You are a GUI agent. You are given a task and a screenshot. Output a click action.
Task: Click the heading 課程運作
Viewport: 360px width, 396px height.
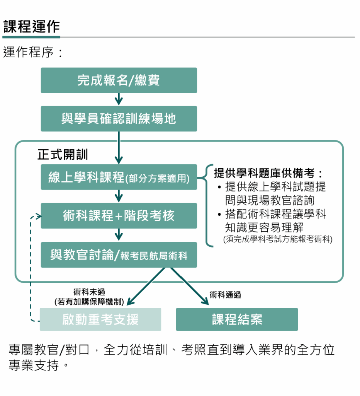[32, 27]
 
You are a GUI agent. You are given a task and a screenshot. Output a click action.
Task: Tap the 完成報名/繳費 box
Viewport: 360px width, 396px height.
[119, 80]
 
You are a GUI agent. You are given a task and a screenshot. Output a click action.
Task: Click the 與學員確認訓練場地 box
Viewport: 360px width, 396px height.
[119, 119]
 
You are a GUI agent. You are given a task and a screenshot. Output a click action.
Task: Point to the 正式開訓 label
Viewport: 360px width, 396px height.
[63, 155]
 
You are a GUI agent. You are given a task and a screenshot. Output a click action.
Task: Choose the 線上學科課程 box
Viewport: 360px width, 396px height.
[119, 178]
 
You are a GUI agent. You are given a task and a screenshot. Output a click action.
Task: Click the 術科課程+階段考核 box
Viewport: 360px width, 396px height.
[119, 216]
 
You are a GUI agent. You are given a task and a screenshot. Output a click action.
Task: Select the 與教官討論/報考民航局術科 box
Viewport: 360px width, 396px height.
[119, 255]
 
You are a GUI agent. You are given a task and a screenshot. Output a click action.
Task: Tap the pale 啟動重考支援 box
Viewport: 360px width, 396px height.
[100, 319]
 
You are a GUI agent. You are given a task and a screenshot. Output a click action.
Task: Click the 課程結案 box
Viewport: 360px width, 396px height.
[237, 319]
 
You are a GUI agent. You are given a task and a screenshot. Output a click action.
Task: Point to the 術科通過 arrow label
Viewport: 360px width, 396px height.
[225, 295]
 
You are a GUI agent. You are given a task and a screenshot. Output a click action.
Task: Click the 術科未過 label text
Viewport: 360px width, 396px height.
[89, 292]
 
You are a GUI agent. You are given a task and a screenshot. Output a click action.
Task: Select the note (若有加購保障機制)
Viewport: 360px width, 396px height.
[89, 302]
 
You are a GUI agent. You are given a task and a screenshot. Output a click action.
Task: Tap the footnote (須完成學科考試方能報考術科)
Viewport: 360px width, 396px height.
[278, 239]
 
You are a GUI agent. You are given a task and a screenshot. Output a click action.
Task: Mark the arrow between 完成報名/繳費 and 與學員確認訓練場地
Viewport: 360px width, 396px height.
[119, 99]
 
